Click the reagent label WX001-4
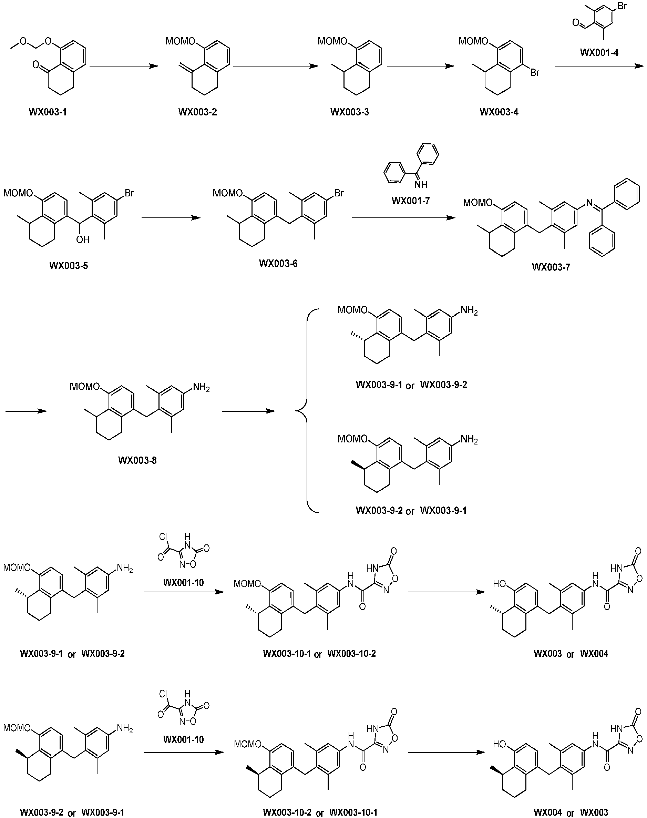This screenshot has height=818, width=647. [x=599, y=52]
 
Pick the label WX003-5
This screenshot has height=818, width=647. [x=69, y=266]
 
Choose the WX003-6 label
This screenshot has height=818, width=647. [x=278, y=263]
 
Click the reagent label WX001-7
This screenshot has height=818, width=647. [x=411, y=201]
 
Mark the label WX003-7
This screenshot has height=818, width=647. [x=551, y=267]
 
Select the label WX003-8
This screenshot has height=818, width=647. [x=137, y=460]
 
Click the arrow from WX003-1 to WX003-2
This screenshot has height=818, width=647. [x=124, y=66]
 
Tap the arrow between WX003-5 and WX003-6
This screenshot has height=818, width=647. [x=171, y=218]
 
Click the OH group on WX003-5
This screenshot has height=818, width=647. [x=83, y=239]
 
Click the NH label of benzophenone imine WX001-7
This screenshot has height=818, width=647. [x=421, y=184]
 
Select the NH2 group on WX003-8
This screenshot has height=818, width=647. [x=202, y=388]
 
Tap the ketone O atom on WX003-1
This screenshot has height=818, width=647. [x=35, y=65]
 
